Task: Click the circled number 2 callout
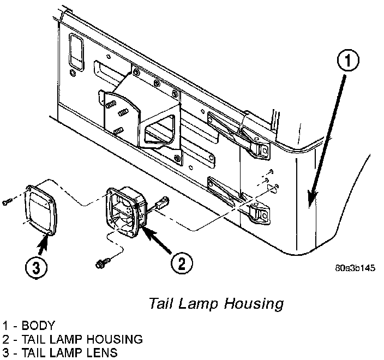coord(182,265)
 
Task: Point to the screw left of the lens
coord(6,202)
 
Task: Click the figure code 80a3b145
coord(355,268)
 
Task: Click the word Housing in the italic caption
coord(257,304)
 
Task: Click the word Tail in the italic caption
coord(160,304)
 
